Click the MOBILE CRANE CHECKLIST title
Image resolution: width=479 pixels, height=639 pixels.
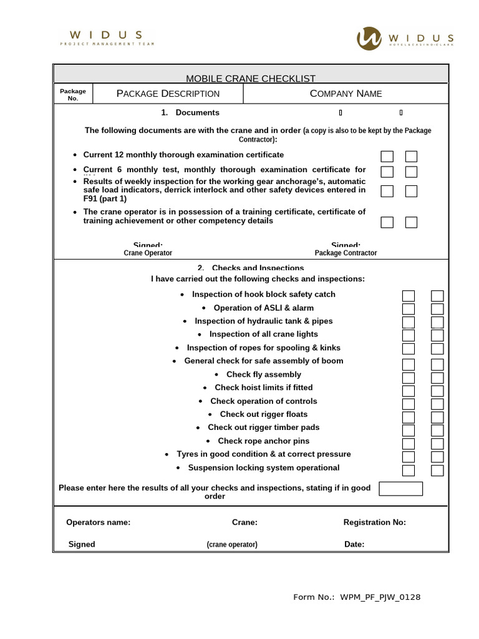pos(251,78)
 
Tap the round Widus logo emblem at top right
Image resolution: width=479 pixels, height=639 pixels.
pos(370,38)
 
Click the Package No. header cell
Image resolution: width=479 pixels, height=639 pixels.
pos(73,94)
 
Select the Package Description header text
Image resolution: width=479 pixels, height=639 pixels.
pos(168,94)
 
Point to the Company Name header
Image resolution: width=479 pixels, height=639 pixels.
pos(346,94)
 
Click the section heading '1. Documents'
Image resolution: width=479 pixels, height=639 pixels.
pos(190,113)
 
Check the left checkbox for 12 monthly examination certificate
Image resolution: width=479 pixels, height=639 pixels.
pos(387,156)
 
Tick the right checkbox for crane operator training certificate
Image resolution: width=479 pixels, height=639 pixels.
pos(411,222)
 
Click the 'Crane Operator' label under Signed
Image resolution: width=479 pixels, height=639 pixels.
pos(148,253)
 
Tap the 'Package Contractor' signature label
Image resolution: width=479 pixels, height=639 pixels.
pos(346,253)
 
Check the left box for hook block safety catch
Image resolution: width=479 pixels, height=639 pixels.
pos(409,296)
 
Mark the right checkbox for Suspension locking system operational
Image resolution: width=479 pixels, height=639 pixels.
pos(437,470)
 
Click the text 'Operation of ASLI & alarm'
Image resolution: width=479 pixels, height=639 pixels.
pos(263,308)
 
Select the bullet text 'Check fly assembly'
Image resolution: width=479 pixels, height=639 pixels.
pos(263,374)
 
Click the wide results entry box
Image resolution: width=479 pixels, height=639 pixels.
pos(400,489)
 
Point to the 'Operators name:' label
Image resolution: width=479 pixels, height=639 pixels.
pos(99,522)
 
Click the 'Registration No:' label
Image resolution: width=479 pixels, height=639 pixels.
pos(374,522)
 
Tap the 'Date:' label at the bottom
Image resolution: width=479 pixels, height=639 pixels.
pos(354,544)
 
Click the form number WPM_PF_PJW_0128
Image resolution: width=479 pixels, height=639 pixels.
pos(380,597)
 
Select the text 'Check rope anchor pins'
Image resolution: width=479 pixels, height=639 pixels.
pos(263,441)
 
